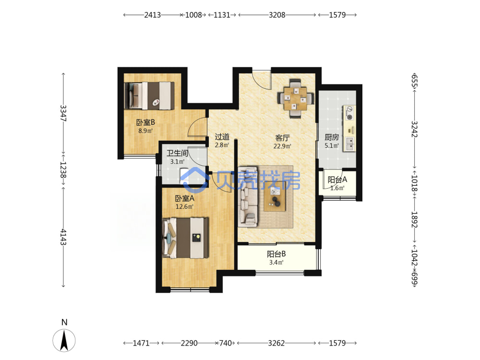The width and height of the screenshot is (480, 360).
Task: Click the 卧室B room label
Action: pos(145,122)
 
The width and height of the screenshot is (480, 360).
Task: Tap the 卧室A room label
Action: pos(185,198)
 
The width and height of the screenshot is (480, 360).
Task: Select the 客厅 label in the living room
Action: pos(282,138)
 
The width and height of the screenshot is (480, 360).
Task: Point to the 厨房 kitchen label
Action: pos(332,137)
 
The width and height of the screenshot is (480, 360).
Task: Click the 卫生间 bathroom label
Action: pos(177,153)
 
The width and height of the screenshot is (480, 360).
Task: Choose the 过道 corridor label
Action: pos(222,136)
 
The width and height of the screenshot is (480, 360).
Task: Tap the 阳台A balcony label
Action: pos(337,180)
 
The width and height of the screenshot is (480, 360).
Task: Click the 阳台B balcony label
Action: pos(276,254)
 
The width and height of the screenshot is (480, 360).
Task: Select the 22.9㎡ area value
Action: pos(282,146)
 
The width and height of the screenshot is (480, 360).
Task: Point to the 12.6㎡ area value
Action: pos(184,206)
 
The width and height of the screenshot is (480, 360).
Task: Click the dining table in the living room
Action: pos(295,98)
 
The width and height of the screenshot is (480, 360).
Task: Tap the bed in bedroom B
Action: pos(149,96)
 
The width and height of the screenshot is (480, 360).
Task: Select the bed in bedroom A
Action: pos(185,238)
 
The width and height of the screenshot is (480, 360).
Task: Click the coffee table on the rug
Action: pos(275,199)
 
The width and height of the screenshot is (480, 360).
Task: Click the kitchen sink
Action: pos(349,144)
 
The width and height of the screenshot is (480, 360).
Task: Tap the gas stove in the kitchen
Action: pos(349,113)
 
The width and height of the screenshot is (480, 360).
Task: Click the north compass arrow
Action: pos(64,340)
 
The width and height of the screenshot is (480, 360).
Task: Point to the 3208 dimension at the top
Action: pos(277,15)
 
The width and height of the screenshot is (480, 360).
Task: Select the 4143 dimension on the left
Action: pos(63,237)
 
